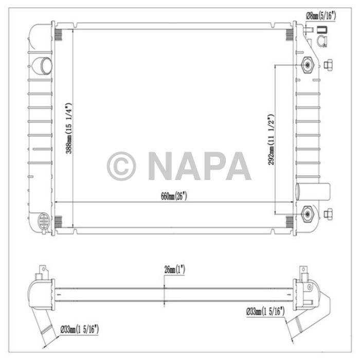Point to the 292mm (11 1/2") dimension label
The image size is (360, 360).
(271, 139)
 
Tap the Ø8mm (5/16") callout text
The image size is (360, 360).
(321, 16)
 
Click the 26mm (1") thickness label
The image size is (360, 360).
(174, 269)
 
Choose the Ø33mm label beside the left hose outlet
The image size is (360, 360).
(79, 328)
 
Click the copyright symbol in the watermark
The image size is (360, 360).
(121, 166)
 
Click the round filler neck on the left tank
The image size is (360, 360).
(41, 65)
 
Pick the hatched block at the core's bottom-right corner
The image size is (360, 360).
(290, 221)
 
